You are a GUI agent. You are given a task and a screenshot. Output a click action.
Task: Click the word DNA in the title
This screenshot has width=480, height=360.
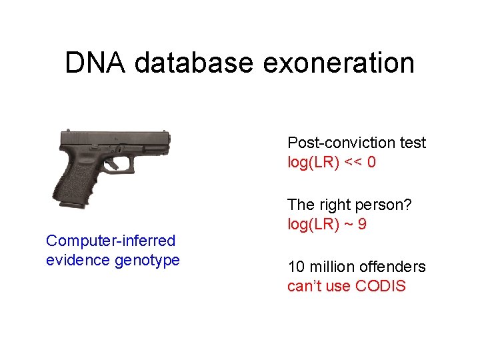tap(95, 63)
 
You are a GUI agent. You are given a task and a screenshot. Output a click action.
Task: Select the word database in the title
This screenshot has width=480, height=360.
tap(193, 63)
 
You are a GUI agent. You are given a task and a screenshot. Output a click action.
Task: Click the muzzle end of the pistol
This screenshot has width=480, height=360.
tap(168, 141)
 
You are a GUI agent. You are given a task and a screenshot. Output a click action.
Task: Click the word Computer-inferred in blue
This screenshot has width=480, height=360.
tap(111, 241)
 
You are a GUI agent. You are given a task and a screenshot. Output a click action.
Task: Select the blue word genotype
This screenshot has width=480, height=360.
tap(147, 260)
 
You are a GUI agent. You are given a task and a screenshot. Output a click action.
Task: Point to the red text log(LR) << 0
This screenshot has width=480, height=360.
tap(331, 162)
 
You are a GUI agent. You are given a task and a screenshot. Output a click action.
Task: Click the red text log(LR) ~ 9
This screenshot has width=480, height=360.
tap(327, 224)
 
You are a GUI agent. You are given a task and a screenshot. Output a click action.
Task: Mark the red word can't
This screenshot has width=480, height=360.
tap(302, 287)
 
